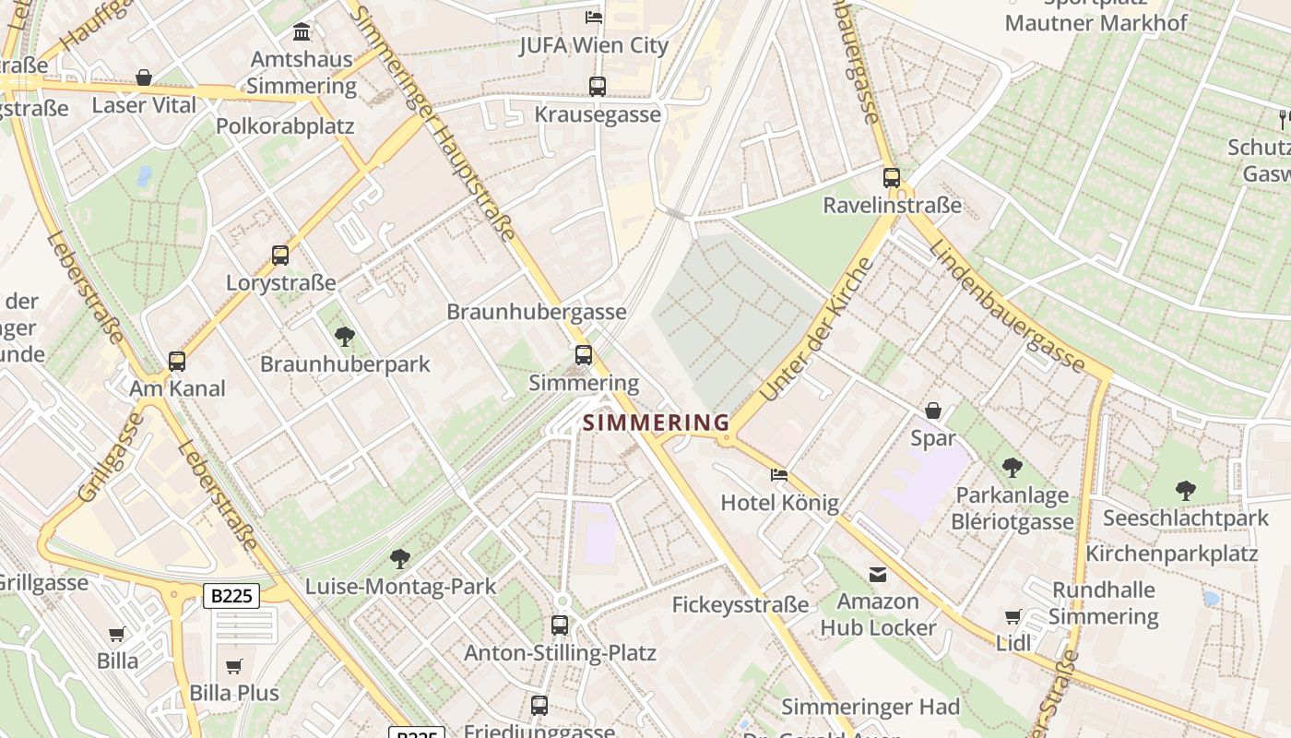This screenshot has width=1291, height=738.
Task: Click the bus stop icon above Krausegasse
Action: [x=598, y=87]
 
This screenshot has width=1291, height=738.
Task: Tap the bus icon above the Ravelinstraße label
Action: [x=891, y=177]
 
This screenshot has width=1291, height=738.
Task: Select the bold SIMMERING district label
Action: [x=657, y=423]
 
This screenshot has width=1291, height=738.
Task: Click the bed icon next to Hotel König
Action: [x=779, y=475]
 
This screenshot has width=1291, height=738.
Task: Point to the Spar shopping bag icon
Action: [x=933, y=411]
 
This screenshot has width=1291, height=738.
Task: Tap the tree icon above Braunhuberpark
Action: [x=345, y=337]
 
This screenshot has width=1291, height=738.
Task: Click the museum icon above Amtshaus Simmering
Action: [x=301, y=33]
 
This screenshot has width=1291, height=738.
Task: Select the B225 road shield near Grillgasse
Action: [x=231, y=596]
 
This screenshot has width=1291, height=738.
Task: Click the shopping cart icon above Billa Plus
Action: [x=234, y=666]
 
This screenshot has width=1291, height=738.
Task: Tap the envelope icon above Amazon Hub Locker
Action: [x=878, y=575]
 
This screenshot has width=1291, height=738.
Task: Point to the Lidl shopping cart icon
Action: [x=1013, y=616]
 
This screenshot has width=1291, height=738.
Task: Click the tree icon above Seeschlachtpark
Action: [x=1186, y=491]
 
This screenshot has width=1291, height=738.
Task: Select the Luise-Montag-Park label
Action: [x=400, y=586]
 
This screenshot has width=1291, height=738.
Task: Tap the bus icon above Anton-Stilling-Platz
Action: [x=560, y=625]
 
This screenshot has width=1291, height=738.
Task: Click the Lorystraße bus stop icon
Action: [x=280, y=256]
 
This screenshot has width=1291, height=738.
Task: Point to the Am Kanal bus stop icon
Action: [x=177, y=362]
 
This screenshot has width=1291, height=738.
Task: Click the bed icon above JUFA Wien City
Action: [x=594, y=18]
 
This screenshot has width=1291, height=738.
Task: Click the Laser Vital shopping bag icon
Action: [x=144, y=77]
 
